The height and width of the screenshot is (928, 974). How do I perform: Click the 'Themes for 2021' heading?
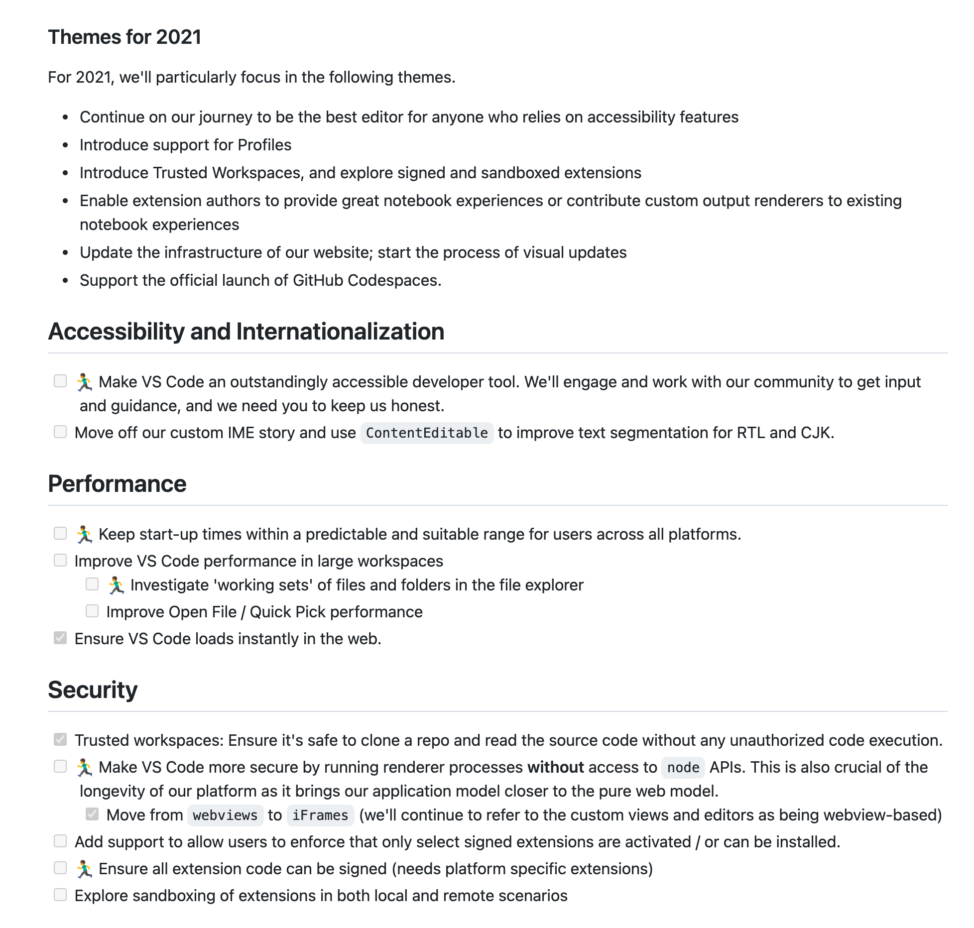coord(124,37)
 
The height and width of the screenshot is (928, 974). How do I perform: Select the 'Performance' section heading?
coord(117,483)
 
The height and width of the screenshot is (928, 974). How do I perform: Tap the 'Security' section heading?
coord(93,690)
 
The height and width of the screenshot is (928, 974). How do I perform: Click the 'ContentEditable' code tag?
coord(427,433)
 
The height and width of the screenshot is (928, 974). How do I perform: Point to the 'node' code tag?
coord(683,767)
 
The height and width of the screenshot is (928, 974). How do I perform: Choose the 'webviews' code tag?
coord(225,815)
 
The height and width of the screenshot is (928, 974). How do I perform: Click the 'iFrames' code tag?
coord(320,815)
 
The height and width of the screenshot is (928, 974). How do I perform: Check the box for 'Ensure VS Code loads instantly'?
coord(60,638)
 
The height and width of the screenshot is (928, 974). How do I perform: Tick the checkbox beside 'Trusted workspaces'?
coord(60,739)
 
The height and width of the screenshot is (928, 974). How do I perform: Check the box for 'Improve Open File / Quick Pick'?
coord(92,611)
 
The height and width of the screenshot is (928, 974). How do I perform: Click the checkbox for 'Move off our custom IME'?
coord(60,432)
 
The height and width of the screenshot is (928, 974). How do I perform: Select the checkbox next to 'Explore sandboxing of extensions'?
coord(60,895)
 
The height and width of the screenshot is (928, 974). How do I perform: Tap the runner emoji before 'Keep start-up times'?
coord(85,534)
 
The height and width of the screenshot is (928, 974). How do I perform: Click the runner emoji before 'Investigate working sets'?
coord(117,585)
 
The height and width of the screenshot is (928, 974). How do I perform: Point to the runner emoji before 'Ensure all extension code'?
coord(85,869)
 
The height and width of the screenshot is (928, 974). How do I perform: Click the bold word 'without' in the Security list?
coord(555,767)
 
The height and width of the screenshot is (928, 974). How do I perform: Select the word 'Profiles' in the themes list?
coord(264,145)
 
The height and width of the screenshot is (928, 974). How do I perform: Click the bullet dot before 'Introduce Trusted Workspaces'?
coord(65,173)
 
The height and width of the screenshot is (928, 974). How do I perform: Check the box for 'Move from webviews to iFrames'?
coord(92,814)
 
